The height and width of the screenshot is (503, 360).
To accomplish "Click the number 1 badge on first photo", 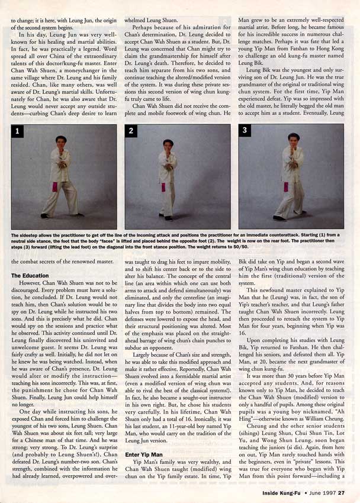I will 18,131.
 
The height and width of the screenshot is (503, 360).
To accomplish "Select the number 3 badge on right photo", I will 246,131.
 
